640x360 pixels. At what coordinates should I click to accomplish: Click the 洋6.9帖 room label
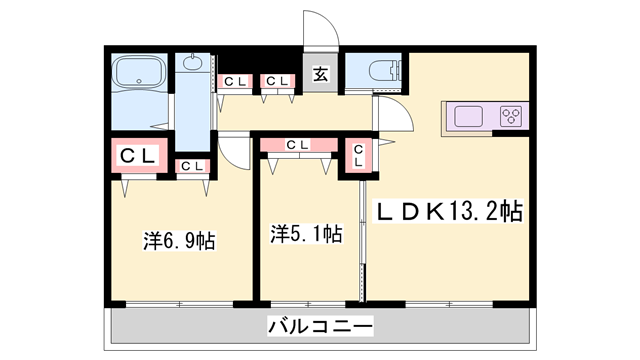pyautogui.click(x=180, y=240)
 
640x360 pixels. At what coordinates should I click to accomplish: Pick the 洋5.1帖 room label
pyautogui.click(x=306, y=234)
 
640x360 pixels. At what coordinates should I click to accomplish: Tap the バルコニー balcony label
pyautogui.click(x=320, y=326)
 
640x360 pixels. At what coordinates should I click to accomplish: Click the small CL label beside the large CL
pyautogui.click(x=192, y=166)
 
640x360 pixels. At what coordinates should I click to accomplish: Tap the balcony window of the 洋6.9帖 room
pyautogui.click(x=179, y=302)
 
